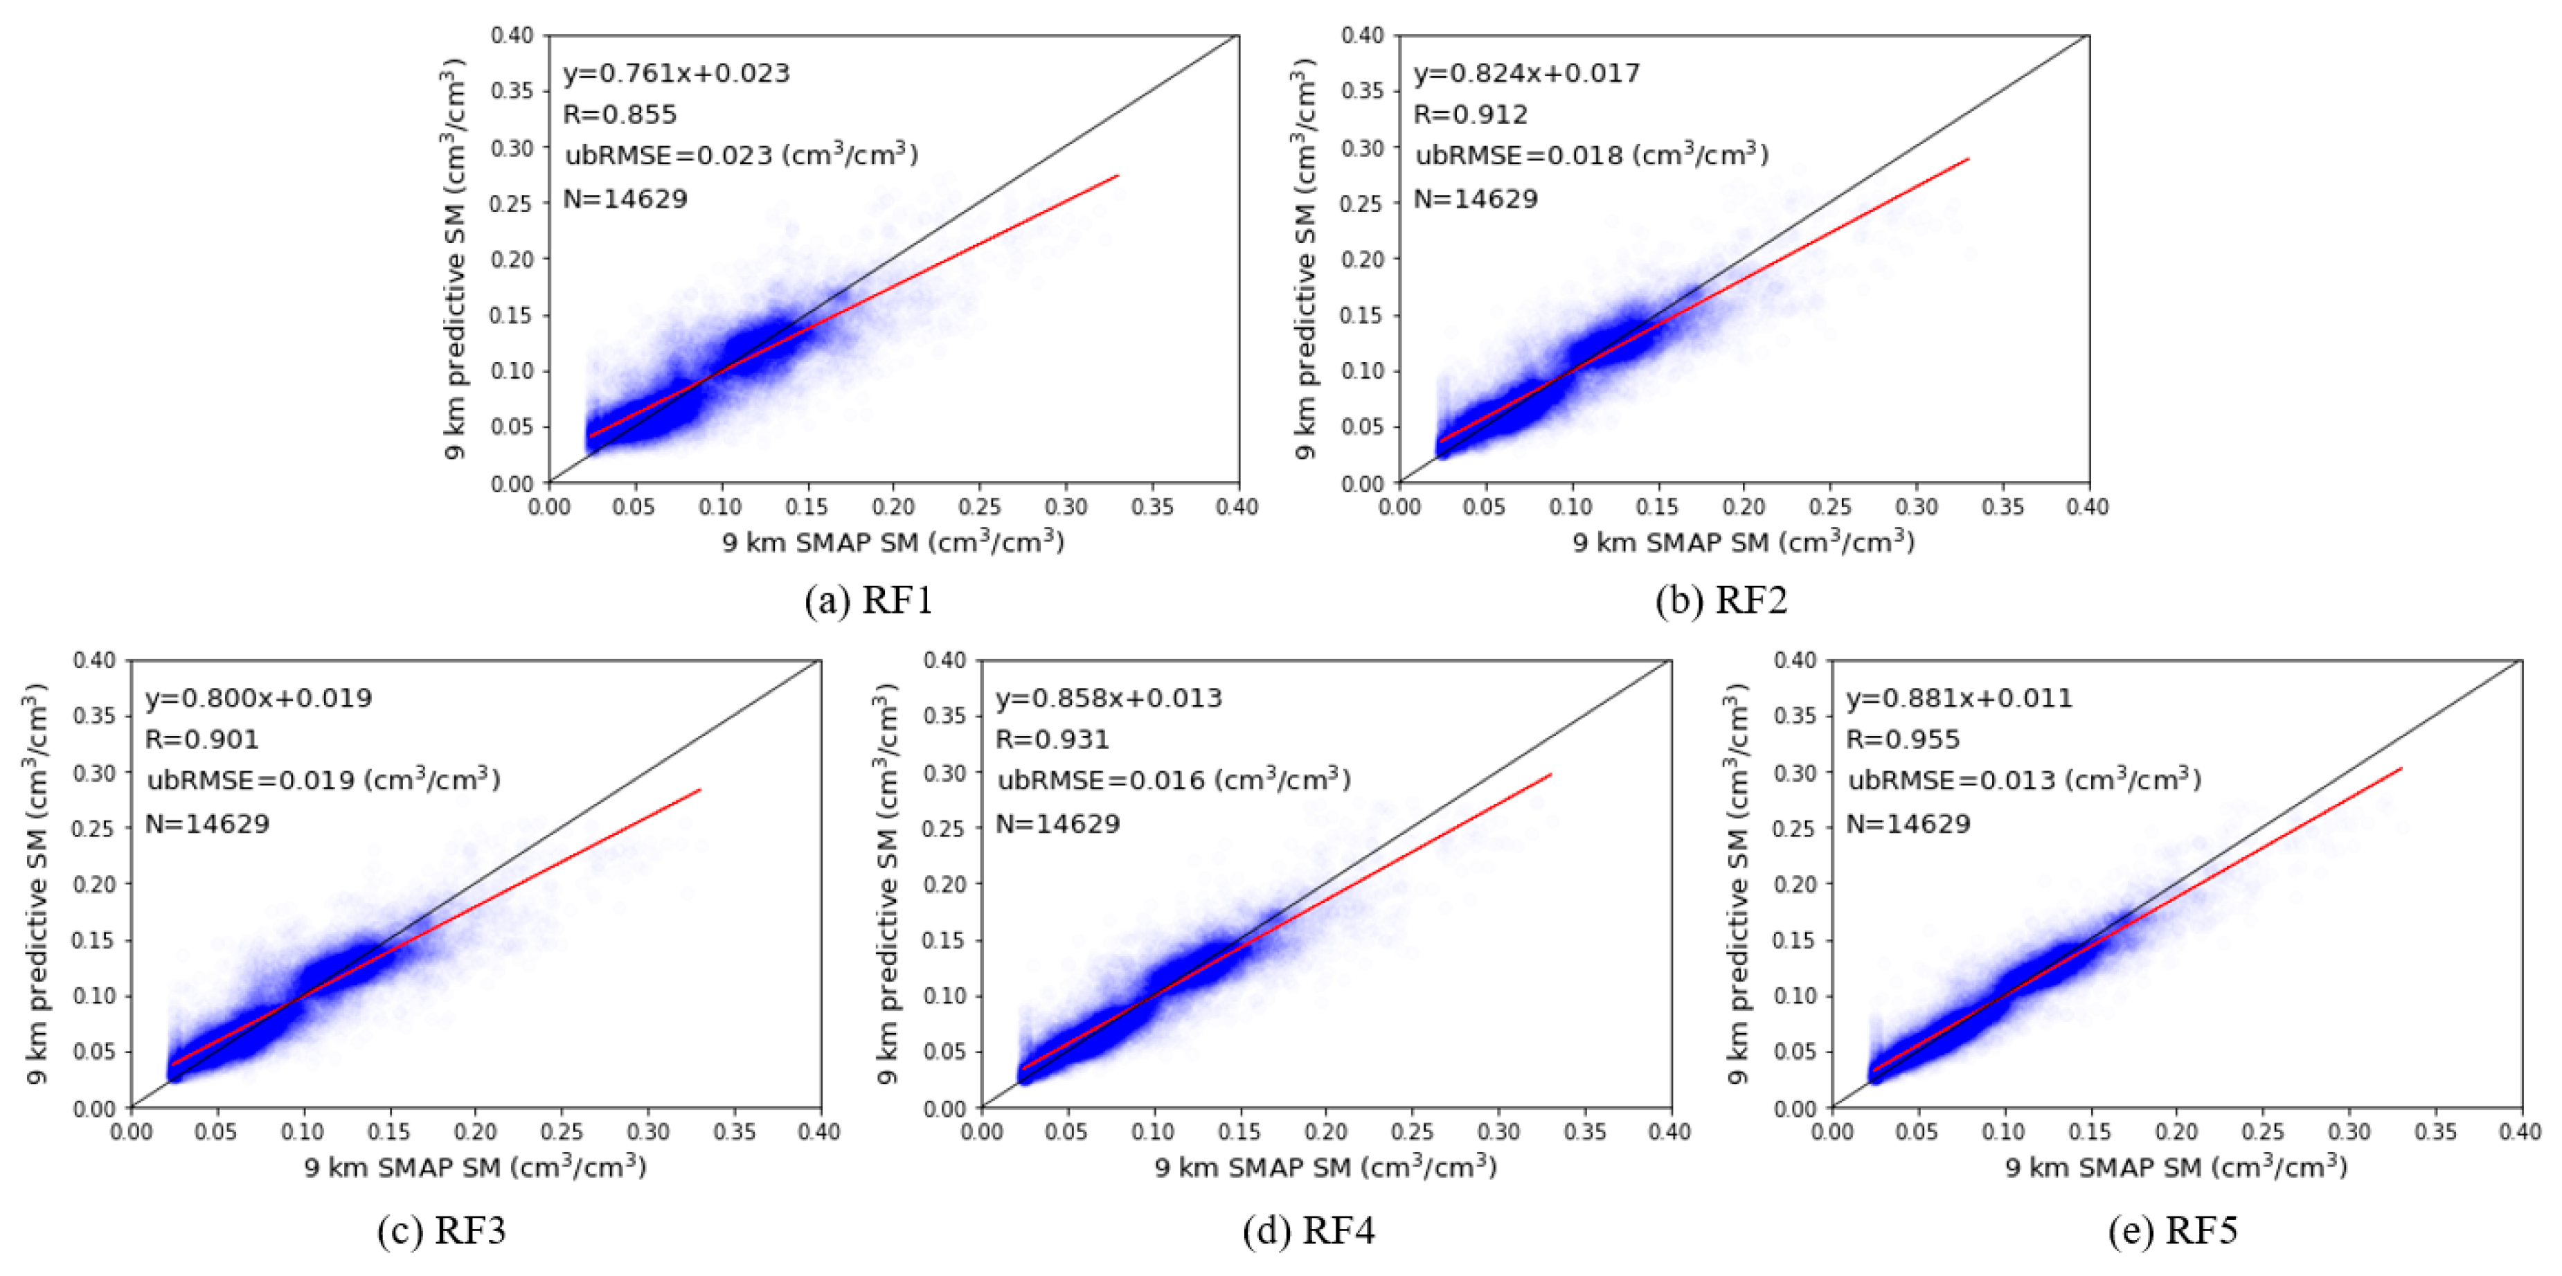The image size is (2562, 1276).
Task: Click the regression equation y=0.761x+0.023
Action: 677,73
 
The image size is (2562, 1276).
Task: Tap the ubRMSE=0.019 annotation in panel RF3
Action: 323,780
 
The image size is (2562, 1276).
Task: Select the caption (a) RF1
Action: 868,601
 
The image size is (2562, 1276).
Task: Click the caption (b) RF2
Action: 1721,601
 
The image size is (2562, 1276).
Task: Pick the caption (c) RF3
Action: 442,1231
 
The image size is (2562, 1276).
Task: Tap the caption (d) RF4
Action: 1308,1231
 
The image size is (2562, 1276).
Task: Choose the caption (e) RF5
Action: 2172,1231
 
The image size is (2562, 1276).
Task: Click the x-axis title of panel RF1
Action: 893,542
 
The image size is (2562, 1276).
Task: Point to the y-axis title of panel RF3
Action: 36,883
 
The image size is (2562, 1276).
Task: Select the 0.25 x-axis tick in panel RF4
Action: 1413,1132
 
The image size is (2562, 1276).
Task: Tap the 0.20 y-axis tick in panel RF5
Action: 1795,884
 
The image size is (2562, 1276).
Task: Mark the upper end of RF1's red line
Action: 1118,176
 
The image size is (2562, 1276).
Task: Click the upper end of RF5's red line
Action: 2401,768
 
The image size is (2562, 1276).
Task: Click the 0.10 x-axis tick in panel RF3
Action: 303,1132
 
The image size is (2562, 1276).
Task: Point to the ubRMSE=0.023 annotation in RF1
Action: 741,155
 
